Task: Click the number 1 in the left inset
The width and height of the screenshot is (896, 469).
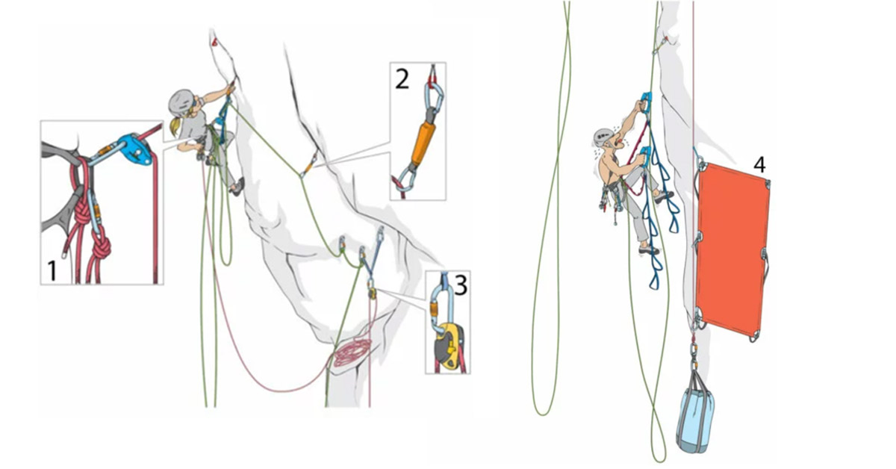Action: pyautogui.click(x=52, y=270)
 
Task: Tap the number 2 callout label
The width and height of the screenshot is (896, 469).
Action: pyautogui.click(x=402, y=79)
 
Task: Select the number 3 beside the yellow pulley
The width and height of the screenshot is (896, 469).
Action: pyautogui.click(x=461, y=286)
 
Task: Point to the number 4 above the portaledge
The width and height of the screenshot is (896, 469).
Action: pyautogui.click(x=759, y=165)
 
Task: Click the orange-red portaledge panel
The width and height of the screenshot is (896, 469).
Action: pyautogui.click(x=732, y=250)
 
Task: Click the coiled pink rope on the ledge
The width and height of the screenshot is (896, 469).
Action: pyautogui.click(x=352, y=352)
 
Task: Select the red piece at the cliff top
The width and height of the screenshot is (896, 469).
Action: pyautogui.click(x=215, y=42)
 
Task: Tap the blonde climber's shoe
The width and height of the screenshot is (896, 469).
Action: pyautogui.click(x=237, y=187)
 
